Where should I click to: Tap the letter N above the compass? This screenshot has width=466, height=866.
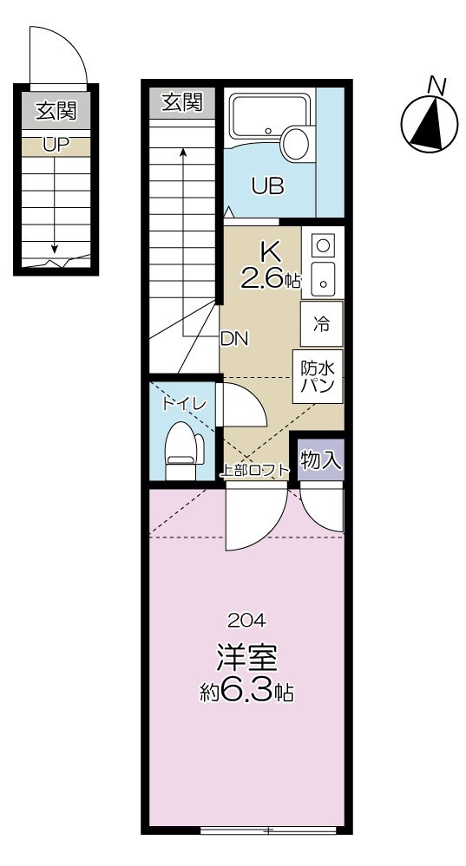click(436, 85)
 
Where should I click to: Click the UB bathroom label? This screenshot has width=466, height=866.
click(268, 186)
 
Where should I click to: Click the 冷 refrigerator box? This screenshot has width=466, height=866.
click(321, 325)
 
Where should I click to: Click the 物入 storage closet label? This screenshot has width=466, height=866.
click(318, 460)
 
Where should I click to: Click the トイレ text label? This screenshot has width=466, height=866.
click(184, 403)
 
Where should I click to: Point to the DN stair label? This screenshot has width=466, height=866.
click(234, 339)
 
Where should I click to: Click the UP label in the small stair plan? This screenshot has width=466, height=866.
click(55, 145)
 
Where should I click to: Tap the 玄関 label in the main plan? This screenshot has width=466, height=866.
click(182, 102)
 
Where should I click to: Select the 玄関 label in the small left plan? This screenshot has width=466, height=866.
click(55, 110)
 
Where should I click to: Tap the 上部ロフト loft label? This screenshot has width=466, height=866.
click(256, 472)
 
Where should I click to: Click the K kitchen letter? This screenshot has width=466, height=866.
click(270, 253)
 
